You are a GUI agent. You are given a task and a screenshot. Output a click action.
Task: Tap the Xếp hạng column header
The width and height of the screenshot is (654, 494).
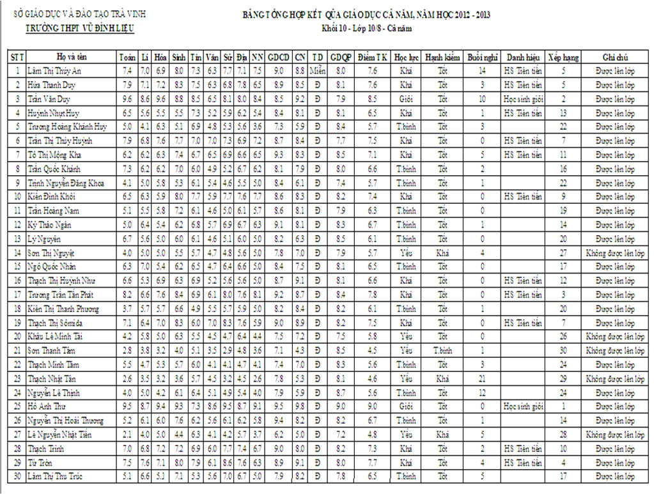(x=563, y=57)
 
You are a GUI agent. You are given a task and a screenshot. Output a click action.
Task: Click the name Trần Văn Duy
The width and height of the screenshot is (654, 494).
(x=48, y=99)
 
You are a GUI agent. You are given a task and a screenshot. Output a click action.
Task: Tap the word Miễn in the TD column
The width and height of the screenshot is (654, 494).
(x=318, y=71)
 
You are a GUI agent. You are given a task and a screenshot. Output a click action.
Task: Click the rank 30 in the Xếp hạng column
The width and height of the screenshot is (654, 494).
(x=563, y=350)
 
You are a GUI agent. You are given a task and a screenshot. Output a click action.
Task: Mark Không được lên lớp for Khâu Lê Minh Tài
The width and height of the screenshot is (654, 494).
(x=615, y=336)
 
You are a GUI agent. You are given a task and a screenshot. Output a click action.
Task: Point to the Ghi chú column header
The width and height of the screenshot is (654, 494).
(x=615, y=57)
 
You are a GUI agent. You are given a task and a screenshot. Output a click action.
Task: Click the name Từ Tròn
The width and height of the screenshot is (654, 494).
(x=40, y=462)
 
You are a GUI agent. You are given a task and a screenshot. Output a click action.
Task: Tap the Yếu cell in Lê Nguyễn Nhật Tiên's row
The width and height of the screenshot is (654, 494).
(x=406, y=435)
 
